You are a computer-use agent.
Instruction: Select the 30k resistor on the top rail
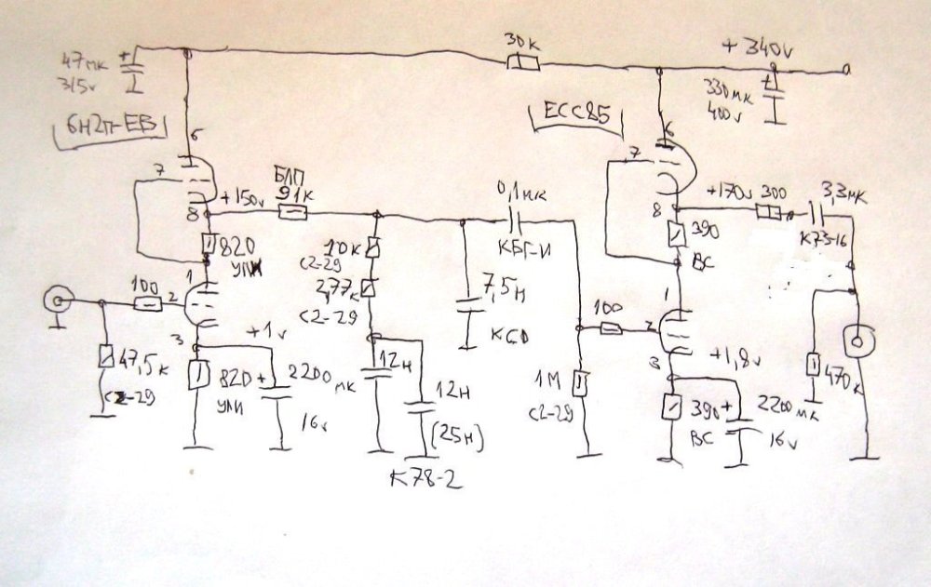[523, 63]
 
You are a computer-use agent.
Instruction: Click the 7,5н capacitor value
[501, 286]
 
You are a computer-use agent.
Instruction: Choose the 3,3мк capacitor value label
[843, 197]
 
